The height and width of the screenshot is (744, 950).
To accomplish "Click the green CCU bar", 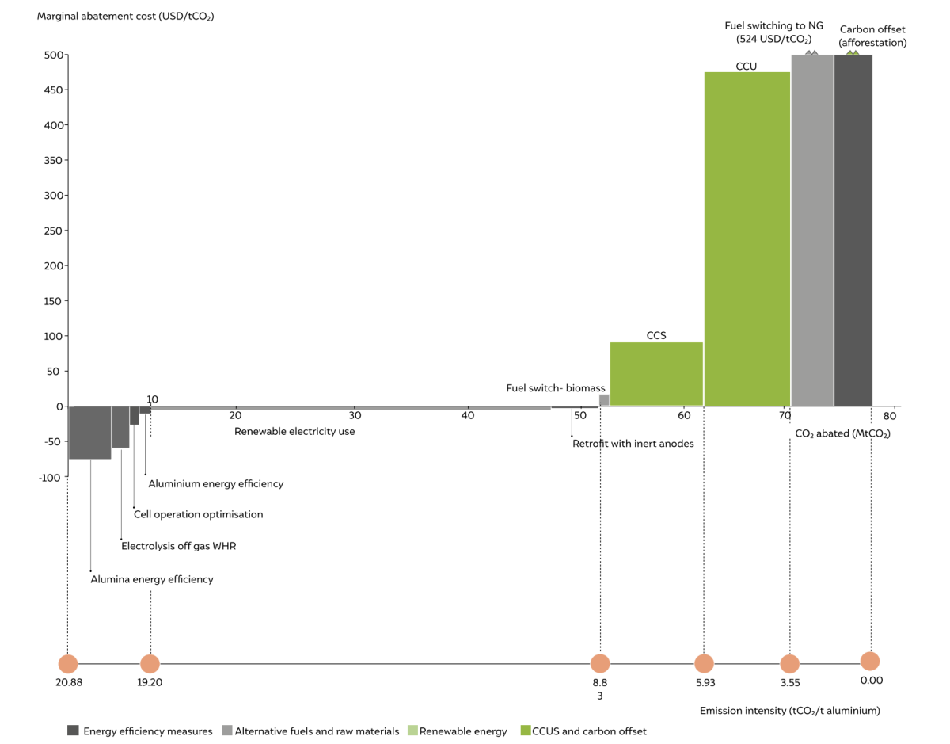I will coord(747,238).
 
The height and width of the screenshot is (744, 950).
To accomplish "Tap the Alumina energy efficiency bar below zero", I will coord(89,433).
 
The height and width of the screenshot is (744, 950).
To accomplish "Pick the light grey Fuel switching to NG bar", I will coord(812,230).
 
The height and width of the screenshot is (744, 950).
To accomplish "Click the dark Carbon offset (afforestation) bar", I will coord(853,230).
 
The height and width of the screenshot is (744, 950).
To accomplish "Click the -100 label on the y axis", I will coord(49,477).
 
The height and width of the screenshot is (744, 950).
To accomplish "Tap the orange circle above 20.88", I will coord(68,664).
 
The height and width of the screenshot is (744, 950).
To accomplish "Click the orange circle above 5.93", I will coord(704,664).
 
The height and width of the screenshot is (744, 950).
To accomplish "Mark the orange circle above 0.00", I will coord(870,662).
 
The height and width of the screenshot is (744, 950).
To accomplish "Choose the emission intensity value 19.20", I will coord(150,681).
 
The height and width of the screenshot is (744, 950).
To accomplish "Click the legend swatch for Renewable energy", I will coord(412,731).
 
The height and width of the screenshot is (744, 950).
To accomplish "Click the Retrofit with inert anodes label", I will coord(633,444).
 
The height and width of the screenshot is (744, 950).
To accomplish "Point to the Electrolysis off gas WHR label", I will coord(178,546).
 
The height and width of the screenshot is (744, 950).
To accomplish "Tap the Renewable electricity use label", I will coord(294,432).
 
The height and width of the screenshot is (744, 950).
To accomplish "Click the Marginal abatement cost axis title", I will coord(126,16).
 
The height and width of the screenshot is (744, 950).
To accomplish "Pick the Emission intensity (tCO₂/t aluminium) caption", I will coord(789,711).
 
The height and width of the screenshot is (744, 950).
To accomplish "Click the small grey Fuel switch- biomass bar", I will coord(604,400).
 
